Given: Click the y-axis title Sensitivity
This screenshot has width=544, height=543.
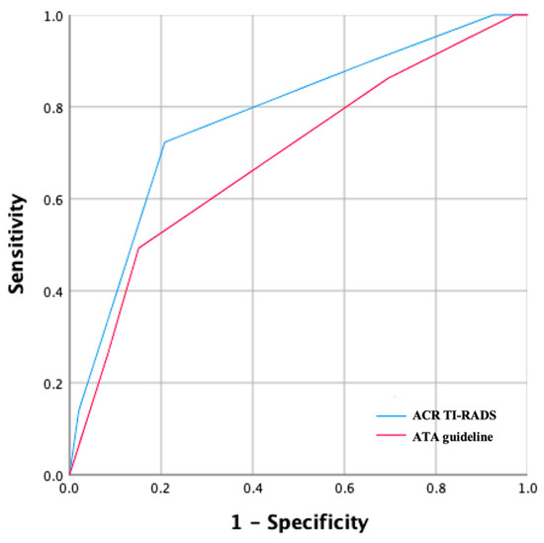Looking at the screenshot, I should [x=17, y=245].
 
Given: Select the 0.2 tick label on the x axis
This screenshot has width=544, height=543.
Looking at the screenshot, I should [x=160, y=488].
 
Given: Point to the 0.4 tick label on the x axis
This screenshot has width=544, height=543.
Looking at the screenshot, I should [x=252, y=488].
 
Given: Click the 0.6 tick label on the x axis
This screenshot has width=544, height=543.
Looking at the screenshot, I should [x=344, y=488].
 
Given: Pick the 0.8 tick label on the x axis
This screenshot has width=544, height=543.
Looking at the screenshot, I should [x=436, y=488].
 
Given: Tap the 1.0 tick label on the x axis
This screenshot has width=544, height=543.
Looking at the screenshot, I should [x=526, y=488].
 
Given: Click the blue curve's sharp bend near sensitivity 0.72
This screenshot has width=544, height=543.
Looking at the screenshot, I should [x=164, y=141].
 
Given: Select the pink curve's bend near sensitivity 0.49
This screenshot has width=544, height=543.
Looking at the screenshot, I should [x=138, y=248].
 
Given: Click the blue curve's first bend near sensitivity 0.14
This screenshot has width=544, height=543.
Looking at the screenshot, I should [x=78, y=410].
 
